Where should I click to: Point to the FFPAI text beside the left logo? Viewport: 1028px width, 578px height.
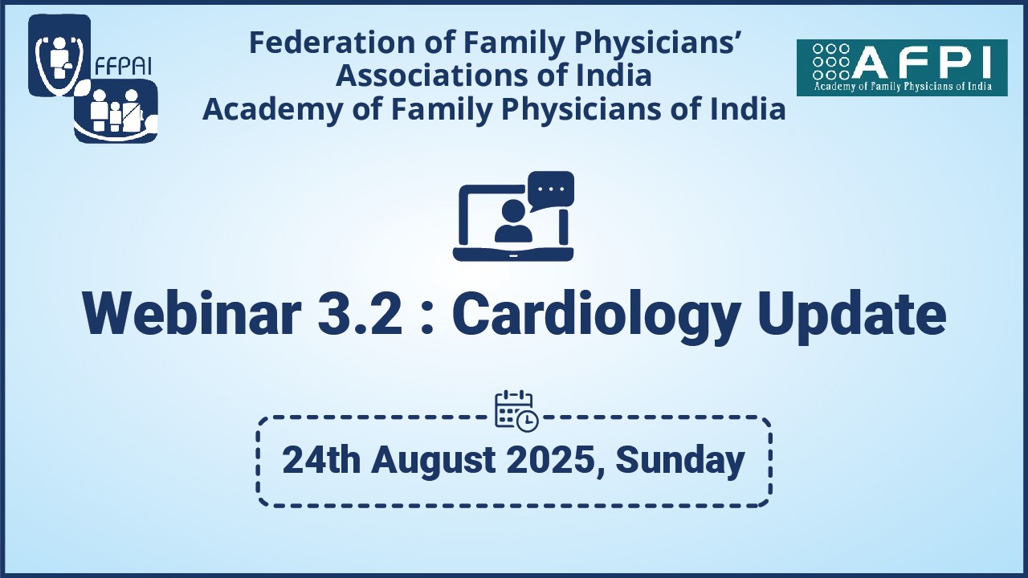point(124,66)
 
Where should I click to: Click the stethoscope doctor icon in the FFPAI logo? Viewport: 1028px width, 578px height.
point(59,56)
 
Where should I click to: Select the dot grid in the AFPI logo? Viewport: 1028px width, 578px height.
point(831,62)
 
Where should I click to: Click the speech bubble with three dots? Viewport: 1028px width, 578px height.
point(551,190)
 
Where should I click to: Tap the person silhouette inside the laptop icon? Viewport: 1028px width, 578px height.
point(513,222)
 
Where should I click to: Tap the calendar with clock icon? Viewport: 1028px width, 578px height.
point(516,410)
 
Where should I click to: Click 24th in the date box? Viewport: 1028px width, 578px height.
point(321,461)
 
